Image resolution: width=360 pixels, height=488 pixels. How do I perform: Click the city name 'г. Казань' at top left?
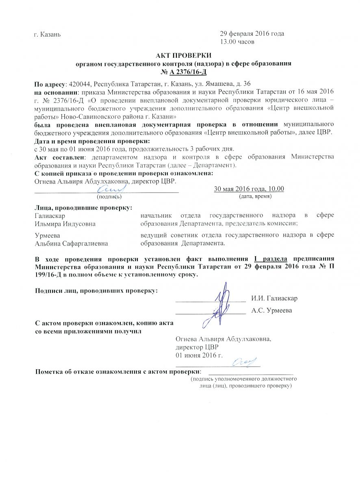(x=48, y=34)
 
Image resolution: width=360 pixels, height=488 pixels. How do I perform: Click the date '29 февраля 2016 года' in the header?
(x=252, y=34)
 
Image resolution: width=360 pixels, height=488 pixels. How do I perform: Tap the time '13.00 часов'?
(x=237, y=41)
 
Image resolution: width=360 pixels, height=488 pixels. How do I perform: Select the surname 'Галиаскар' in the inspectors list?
(x=50, y=216)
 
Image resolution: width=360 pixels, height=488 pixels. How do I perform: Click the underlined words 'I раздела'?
(x=271, y=259)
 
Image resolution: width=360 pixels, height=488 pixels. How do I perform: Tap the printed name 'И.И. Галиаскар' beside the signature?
(x=274, y=298)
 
